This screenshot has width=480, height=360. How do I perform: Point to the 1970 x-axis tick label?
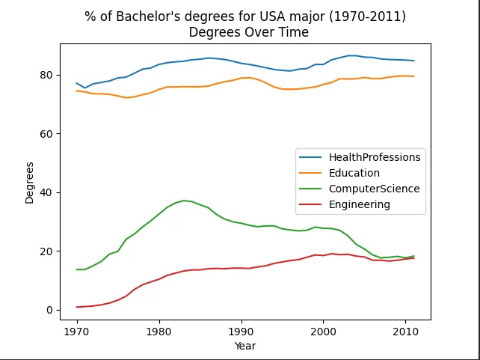[x=76, y=330]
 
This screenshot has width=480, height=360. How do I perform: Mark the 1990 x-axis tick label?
[x=241, y=330]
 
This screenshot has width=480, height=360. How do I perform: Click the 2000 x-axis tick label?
[x=323, y=330]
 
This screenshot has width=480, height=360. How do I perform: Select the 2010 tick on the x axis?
[x=405, y=330]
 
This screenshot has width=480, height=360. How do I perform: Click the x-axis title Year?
[x=244, y=346]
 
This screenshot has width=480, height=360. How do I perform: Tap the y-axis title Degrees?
[x=30, y=182]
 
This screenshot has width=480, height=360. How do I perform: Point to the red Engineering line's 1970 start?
[x=76, y=307]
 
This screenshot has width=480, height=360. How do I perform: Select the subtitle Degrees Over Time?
[x=248, y=32]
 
